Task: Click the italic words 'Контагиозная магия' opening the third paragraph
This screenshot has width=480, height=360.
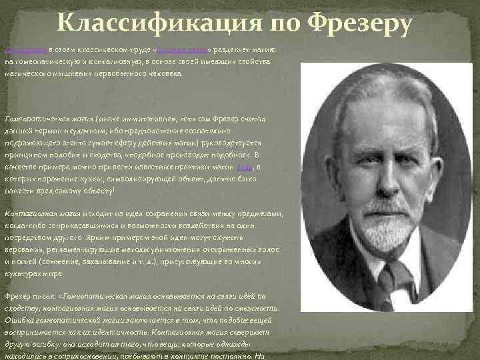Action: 41,213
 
